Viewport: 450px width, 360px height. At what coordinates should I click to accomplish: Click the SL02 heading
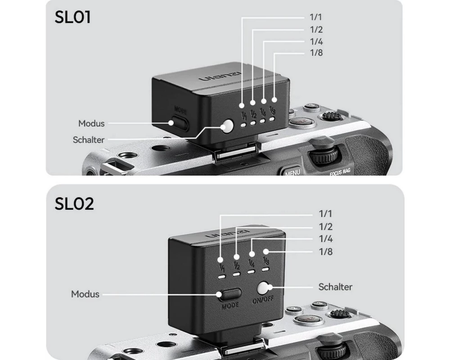(74, 204)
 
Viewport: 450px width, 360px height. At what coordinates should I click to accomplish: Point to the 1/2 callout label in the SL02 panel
(326, 227)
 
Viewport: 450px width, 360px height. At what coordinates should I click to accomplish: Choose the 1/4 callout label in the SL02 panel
(326, 239)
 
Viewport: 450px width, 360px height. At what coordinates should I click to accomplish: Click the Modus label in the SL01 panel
(91, 123)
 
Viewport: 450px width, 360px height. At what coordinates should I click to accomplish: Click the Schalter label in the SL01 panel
(89, 140)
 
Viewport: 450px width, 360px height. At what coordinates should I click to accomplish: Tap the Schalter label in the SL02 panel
(335, 287)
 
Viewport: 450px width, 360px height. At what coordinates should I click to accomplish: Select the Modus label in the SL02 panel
(85, 294)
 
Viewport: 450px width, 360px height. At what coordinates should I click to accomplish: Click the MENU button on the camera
(292, 172)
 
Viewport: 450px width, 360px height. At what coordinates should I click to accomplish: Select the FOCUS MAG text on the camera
(340, 171)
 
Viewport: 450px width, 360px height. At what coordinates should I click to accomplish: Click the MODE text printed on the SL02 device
(230, 305)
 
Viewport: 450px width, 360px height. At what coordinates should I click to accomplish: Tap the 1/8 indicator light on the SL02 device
(266, 269)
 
